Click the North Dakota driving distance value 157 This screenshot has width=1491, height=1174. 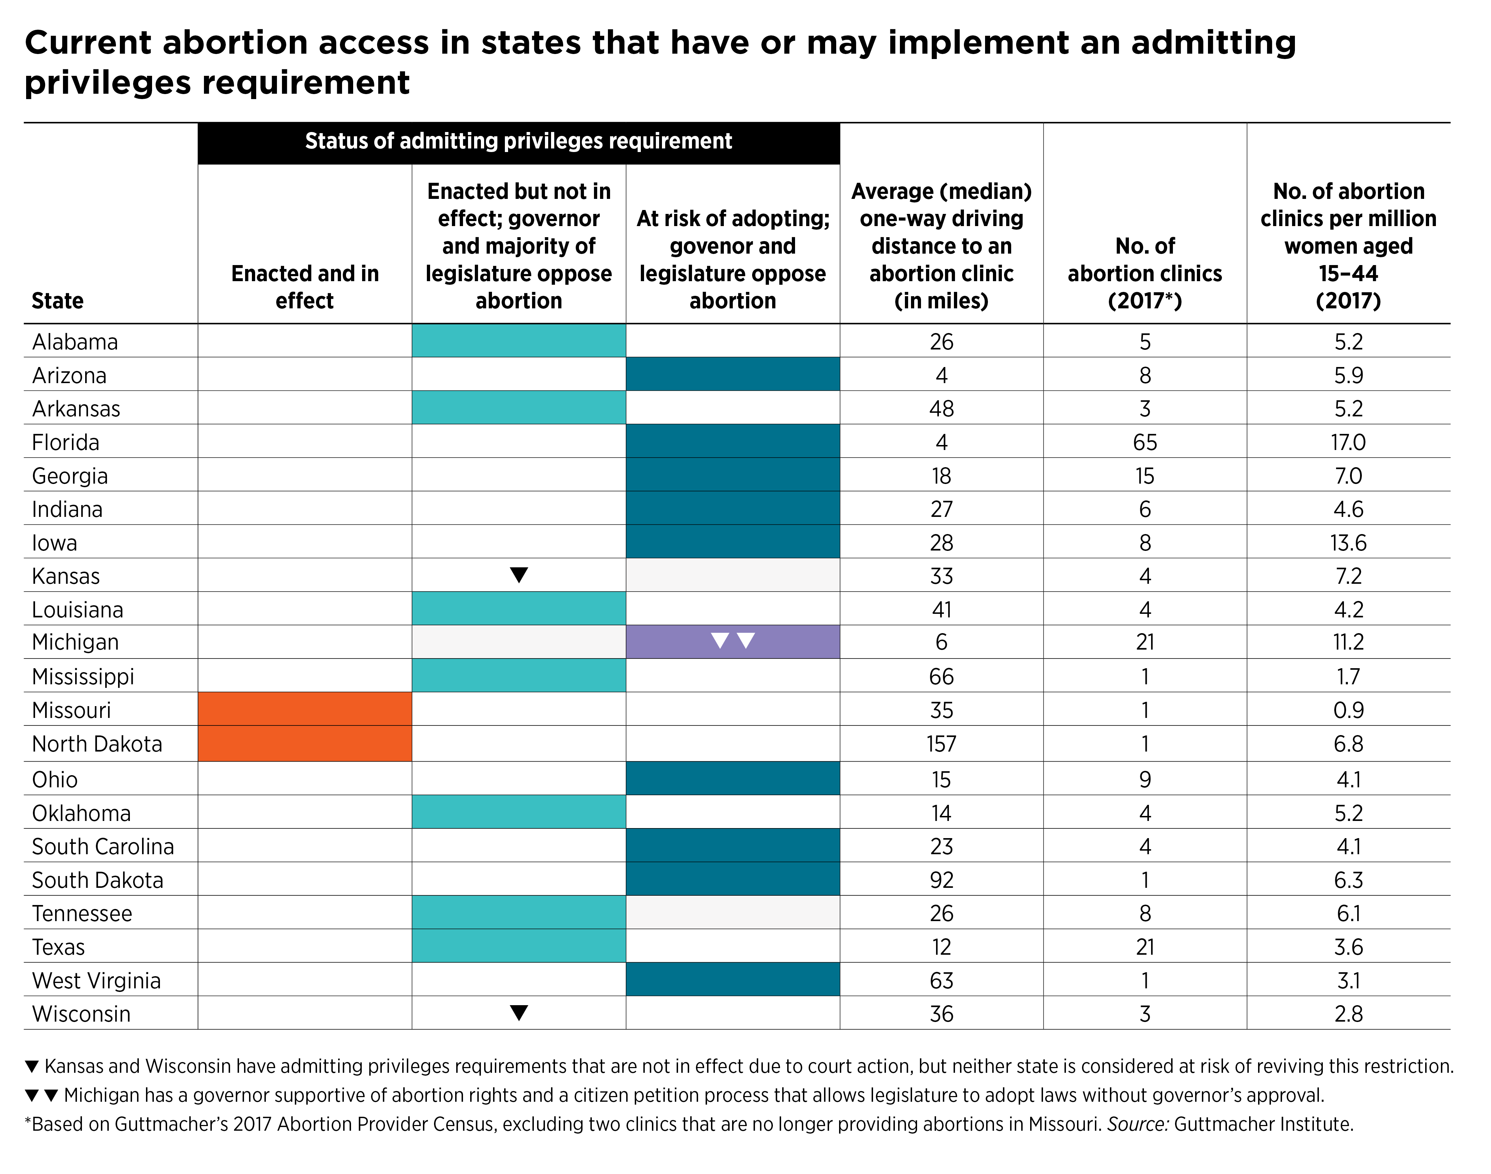point(941,744)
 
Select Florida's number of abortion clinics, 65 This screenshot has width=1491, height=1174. point(1145,442)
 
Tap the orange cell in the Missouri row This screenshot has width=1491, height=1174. point(304,709)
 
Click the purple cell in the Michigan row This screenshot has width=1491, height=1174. point(733,641)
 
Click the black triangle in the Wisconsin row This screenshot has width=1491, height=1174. point(519,1012)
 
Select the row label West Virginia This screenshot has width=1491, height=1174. point(96,980)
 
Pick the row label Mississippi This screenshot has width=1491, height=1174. point(83,676)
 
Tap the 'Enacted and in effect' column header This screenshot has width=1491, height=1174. point(304,287)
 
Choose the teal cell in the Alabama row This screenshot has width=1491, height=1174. point(519,340)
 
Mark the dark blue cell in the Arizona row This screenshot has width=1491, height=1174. point(733,374)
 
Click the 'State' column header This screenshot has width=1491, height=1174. point(58,300)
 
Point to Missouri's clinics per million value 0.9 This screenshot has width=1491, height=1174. point(1348,710)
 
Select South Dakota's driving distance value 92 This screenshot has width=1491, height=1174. point(941,880)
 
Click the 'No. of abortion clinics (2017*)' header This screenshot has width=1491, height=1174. point(1145,273)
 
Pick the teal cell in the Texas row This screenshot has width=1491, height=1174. point(519,946)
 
